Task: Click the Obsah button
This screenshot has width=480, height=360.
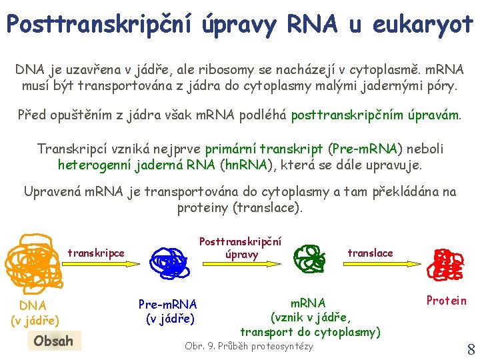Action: click(x=53, y=341)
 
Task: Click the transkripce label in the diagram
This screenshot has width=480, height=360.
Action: click(x=96, y=253)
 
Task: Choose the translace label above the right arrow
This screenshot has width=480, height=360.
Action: click(x=371, y=253)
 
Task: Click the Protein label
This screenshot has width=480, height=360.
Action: click(x=447, y=301)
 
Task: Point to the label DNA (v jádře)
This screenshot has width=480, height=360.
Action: click(x=33, y=313)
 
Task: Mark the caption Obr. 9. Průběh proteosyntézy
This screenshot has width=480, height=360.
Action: click(x=249, y=346)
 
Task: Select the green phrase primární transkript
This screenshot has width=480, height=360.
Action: click(x=263, y=149)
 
